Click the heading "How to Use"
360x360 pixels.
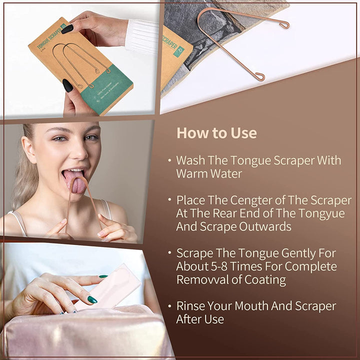tap(216, 133)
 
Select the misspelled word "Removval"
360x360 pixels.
tap(201, 279)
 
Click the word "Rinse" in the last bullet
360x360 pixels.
tap(191, 306)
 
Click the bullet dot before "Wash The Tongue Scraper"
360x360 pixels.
tap(169, 160)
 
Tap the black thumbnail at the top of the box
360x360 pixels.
tap(68, 28)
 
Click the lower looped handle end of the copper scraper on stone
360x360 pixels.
tap(259, 76)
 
